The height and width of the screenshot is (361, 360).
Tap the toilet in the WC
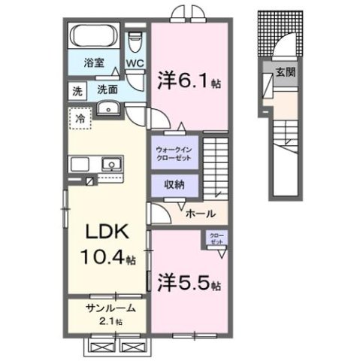click(135, 39)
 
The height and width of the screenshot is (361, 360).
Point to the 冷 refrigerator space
click(77, 117)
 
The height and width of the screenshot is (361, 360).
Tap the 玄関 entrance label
click(285, 72)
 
